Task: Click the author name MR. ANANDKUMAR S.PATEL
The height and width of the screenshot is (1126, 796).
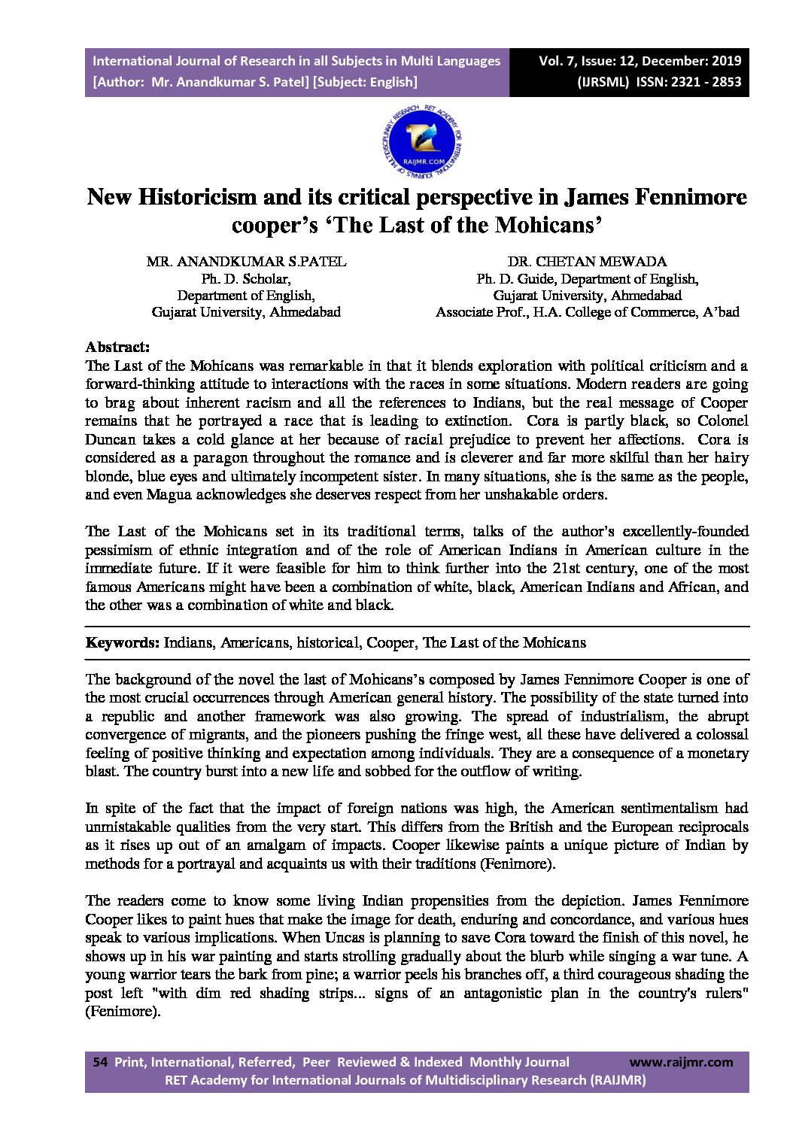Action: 246,262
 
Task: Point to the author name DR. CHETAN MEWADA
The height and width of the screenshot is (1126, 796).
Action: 587,262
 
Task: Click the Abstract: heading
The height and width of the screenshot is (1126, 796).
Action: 117,347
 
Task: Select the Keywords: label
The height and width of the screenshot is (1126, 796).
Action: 122,642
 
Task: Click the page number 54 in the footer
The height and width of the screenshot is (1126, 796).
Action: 99,1062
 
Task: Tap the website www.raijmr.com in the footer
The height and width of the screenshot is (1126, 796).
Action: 680,1062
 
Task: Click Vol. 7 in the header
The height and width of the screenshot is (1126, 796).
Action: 558,61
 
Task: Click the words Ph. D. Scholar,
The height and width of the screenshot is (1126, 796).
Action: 246,278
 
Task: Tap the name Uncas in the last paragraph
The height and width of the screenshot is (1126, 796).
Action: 344,937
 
